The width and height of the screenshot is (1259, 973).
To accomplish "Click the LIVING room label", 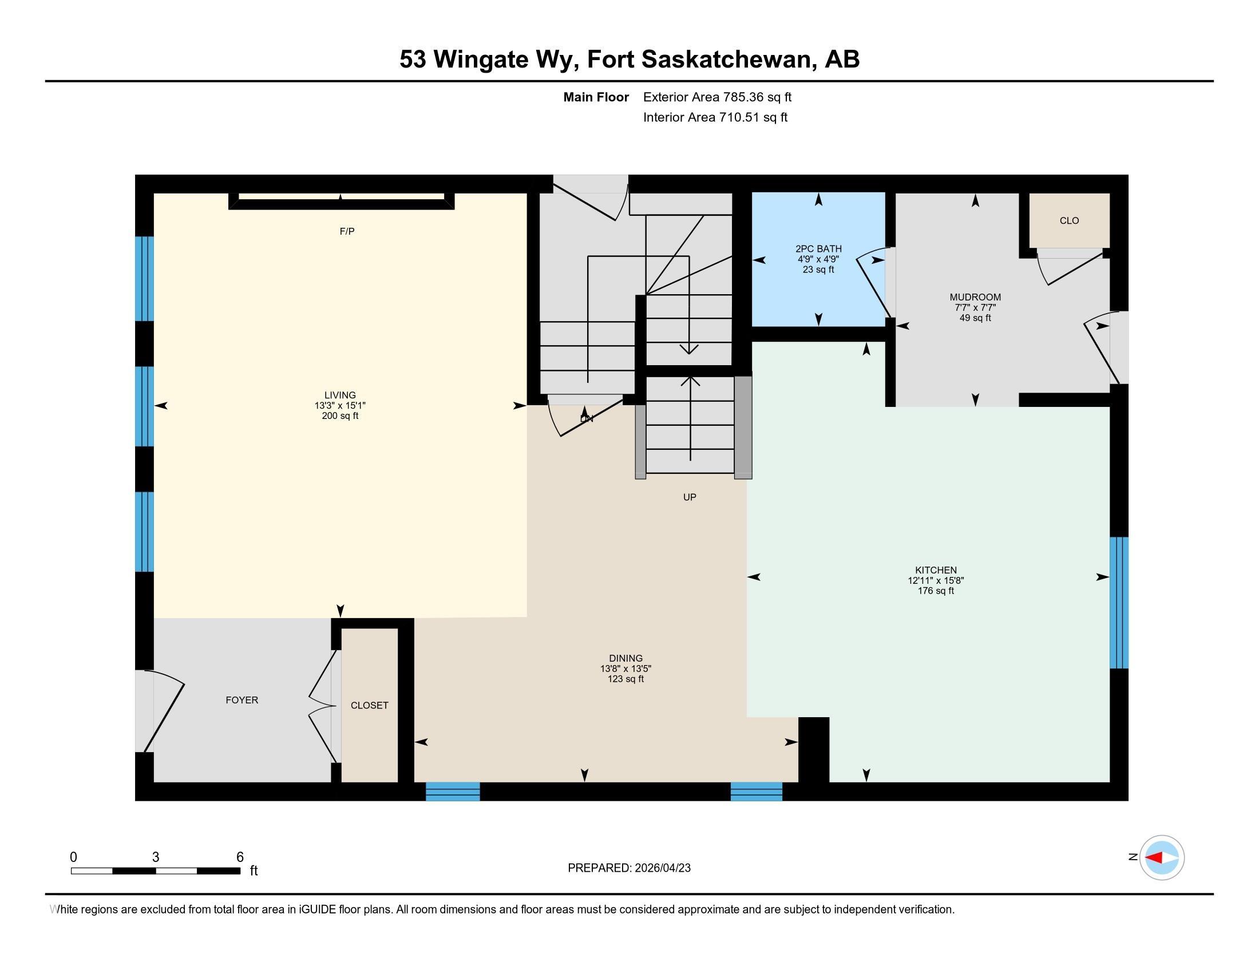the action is pos(339,395).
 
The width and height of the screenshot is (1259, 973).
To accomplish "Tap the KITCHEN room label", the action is pos(936,570).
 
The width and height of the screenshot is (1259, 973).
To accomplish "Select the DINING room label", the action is pos(625,658).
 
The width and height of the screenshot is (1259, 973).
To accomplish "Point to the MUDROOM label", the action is pos(975,298).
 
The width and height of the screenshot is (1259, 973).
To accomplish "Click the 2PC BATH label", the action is pos(818,249).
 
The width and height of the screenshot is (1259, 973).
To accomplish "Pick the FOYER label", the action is pos(241,700).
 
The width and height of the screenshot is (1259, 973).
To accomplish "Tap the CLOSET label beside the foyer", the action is pos(370,705).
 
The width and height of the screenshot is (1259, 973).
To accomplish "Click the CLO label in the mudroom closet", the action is pos(1070,220).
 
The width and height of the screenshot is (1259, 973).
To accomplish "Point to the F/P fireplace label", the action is pos(347,231).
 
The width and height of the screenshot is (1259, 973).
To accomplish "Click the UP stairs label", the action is pos(690,497).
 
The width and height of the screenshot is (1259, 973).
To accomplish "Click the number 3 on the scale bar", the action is pos(156,857).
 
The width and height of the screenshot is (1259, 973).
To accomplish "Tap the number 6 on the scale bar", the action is pos(240,857).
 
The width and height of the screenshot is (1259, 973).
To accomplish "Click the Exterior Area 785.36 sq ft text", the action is pos(717,97).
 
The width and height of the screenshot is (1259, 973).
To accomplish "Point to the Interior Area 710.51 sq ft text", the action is pos(715,117).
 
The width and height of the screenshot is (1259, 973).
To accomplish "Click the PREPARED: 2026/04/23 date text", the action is pos(629,868).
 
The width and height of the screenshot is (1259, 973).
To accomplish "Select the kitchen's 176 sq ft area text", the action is pos(936,591).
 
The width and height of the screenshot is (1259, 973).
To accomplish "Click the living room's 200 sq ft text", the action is pos(339,416).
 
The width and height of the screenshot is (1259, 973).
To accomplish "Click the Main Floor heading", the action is pos(596,97).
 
